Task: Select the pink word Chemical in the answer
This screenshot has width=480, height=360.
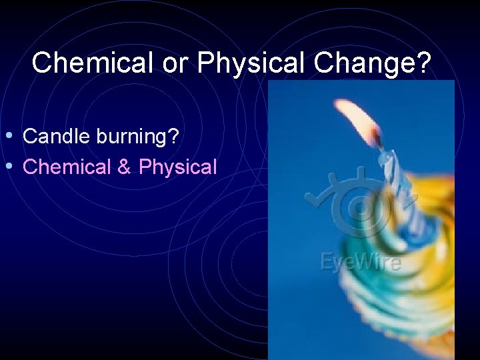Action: pyautogui.click(x=66, y=167)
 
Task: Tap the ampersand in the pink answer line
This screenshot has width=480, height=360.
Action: pyautogui.click(x=124, y=167)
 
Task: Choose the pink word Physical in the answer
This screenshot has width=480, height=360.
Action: pyautogui.click(x=177, y=167)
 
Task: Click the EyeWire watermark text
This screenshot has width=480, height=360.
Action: pyautogui.click(x=361, y=262)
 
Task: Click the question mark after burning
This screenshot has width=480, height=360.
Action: pyautogui.click(x=173, y=137)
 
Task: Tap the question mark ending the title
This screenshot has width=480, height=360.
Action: pyautogui.click(x=424, y=63)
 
